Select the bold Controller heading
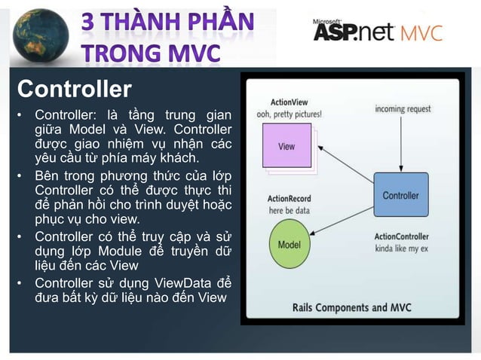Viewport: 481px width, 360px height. tap(74, 90)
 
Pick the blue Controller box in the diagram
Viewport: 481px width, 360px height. tap(400, 195)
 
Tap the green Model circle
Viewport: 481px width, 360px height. tap(289, 245)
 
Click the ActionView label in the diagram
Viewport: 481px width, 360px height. tap(288, 102)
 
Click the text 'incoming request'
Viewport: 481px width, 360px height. tap(403, 109)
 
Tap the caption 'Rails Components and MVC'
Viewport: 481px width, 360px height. tap(351, 307)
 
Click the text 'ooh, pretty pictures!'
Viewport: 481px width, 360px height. tap(289, 114)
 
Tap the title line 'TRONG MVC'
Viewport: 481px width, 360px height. tap(152, 53)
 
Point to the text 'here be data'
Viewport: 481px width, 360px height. tap(289, 210)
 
